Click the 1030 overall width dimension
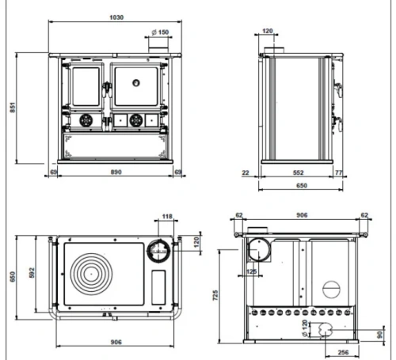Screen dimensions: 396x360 pyautogui.click(x=116, y=17)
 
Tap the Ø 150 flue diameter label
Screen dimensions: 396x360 pyautogui.click(x=160, y=32)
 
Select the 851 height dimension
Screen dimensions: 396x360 pyautogui.click(x=13, y=108)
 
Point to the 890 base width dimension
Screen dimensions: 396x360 pyautogui.click(x=116, y=172)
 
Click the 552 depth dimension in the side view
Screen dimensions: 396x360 pyautogui.click(x=298, y=172)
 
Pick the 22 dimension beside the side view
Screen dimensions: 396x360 pyautogui.click(x=246, y=172)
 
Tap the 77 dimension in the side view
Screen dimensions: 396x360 pyautogui.click(x=339, y=172)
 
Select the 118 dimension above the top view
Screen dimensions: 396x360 pyautogui.click(x=167, y=217)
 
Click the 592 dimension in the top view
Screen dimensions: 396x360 pyautogui.click(x=32, y=273)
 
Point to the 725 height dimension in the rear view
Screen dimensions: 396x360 pyautogui.click(x=215, y=295)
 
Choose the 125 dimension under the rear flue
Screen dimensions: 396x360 pyautogui.click(x=251, y=271)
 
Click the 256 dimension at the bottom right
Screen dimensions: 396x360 pyautogui.click(x=343, y=352)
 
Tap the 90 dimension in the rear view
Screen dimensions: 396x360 pyautogui.click(x=379, y=335)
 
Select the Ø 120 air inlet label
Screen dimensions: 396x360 pyautogui.click(x=305, y=328)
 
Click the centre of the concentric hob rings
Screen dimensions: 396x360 pyautogui.click(x=91, y=274)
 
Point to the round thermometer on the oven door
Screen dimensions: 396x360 pyautogui.click(x=136, y=83)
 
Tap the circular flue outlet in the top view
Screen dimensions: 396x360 pyautogui.click(x=158, y=251)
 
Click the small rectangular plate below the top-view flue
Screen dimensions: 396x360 pyautogui.click(x=158, y=287)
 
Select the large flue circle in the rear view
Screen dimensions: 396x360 pyautogui.click(x=259, y=250)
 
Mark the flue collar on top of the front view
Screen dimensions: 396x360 pyautogui.click(x=158, y=50)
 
